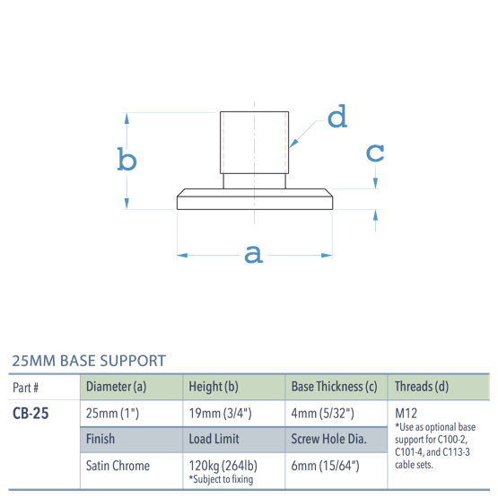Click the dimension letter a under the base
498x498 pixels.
coord(254,255)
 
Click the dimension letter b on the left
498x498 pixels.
coord(127,161)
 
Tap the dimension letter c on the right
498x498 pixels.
coord(376,153)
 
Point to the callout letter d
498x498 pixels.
coord(336,118)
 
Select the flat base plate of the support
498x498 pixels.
coord(255,199)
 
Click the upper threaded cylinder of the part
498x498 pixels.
coord(255,141)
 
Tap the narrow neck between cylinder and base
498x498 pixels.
coord(255,180)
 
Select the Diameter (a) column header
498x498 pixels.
coord(116,387)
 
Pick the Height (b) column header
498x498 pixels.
coord(213,387)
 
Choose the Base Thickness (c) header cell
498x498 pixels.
coord(334,387)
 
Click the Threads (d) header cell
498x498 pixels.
coord(421,387)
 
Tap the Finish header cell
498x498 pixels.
coord(100,440)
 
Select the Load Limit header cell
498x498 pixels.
coord(214,440)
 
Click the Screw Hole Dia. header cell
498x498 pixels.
coord(328,440)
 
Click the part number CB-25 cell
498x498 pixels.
coord(31,414)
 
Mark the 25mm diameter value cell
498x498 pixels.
coord(112,414)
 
